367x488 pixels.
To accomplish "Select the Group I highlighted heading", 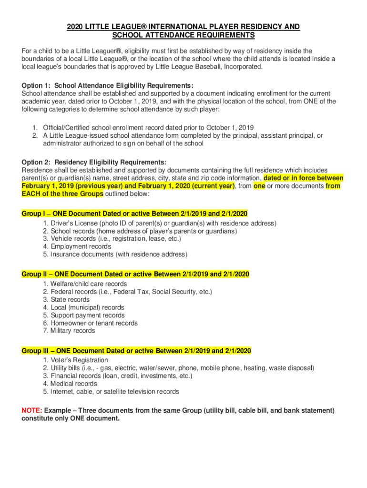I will pos(134,213).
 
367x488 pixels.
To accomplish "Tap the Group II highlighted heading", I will pos(135,274).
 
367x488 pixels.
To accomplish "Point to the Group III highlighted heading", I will pos(136,351).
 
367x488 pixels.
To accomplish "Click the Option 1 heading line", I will pos(107,86).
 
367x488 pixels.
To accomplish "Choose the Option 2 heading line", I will pos(94,163).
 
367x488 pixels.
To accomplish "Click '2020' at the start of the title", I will pos(75,27).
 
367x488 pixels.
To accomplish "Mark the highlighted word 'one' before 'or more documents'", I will pos(259,186).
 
